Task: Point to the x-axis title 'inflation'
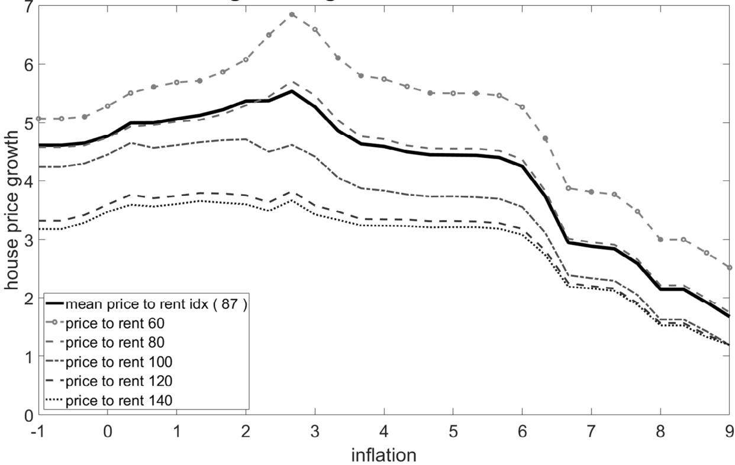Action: coord(383,455)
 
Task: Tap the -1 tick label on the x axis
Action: coord(37,431)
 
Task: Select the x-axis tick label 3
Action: coord(315,431)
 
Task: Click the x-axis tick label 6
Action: coord(522,431)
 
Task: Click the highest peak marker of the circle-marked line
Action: coord(292,14)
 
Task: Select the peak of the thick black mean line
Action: coord(292,91)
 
